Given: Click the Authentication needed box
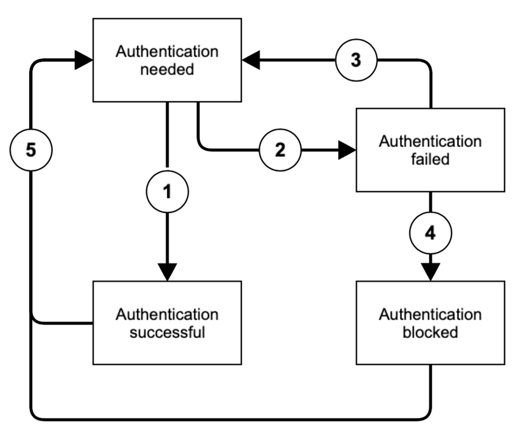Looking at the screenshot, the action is [x=167, y=60].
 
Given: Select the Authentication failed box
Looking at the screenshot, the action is [x=430, y=150].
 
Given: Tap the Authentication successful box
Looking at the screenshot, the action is [x=167, y=323].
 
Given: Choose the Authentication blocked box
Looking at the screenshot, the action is [x=430, y=323].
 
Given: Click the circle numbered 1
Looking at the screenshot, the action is [x=167, y=192].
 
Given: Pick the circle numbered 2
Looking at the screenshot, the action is [x=280, y=150].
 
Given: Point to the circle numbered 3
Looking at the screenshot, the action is [x=356, y=60].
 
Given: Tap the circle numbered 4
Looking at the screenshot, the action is [x=430, y=233].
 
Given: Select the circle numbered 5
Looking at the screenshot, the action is [x=31, y=150].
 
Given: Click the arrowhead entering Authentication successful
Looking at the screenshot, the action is [x=167, y=272].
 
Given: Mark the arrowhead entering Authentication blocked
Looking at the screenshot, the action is [x=430, y=272].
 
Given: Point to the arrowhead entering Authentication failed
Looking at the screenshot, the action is [x=347, y=150].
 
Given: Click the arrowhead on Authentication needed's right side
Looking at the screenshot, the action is [x=251, y=60].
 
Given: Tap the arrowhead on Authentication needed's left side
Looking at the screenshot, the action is [x=84, y=60].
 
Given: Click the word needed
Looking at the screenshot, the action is [x=167, y=69].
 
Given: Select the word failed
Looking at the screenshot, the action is [x=430, y=159].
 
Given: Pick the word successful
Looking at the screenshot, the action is [x=167, y=332].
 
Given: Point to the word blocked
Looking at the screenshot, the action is [x=430, y=332].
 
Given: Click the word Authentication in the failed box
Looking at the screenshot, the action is [x=430, y=141].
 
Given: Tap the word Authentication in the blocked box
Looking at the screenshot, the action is [x=430, y=314].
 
